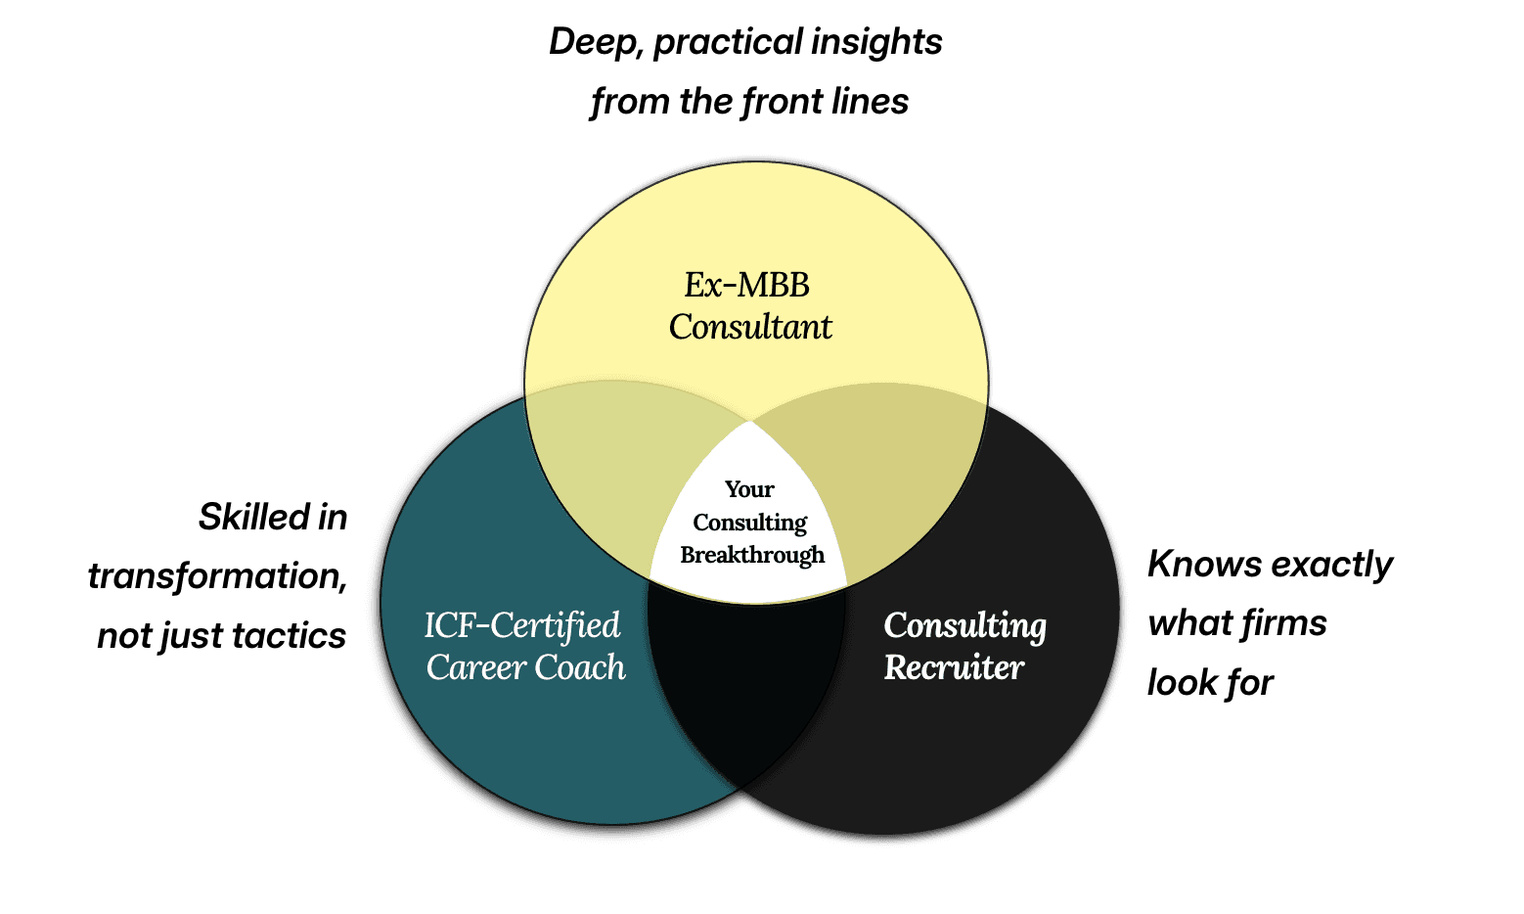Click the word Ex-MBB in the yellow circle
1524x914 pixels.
click(x=746, y=285)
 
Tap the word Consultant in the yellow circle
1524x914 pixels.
click(x=750, y=327)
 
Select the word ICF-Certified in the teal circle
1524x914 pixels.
click(x=522, y=625)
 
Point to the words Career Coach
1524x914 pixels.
click(x=525, y=667)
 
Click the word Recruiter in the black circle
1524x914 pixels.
click(x=954, y=667)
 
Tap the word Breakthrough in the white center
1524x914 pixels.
click(x=752, y=555)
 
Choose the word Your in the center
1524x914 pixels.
click(x=749, y=489)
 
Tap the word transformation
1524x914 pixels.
click(x=217, y=576)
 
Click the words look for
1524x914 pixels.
click(x=1210, y=683)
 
